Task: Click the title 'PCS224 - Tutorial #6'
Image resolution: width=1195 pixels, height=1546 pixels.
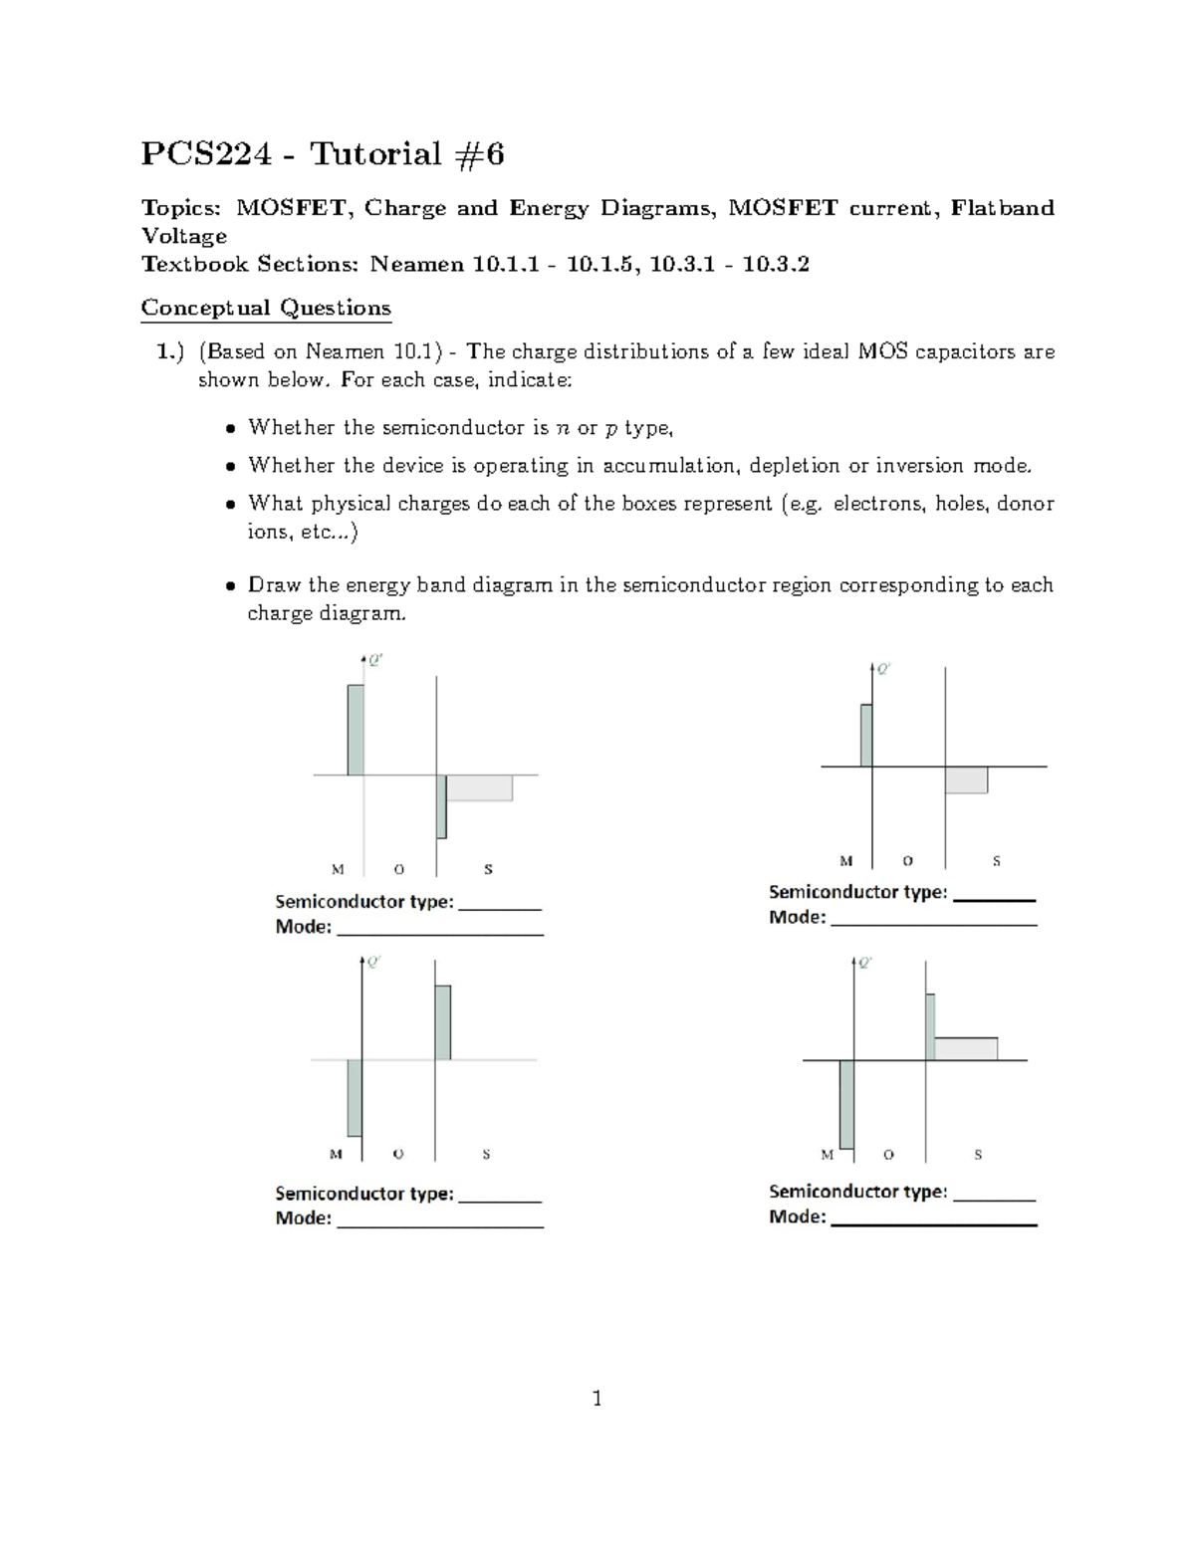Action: pos(323,154)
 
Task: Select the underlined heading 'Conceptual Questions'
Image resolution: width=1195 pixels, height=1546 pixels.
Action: pos(266,308)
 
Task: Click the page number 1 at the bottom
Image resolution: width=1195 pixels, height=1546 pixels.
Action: pos(597,1399)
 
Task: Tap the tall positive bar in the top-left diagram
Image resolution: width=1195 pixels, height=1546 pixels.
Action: pos(356,729)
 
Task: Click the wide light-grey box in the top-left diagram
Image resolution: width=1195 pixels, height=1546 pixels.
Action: pos(479,787)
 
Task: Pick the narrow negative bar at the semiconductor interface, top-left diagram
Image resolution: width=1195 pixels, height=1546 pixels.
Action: pos(441,806)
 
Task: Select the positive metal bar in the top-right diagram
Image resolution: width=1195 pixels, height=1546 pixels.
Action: pos(866,736)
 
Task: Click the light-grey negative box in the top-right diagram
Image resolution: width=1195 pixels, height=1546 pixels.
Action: pos(966,779)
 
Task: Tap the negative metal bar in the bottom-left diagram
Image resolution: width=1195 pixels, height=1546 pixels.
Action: pos(354,1097)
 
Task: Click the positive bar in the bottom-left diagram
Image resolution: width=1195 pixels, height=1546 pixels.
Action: pos(442,1022)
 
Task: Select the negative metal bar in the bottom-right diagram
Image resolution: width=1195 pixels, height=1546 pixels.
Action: pos(846,1104)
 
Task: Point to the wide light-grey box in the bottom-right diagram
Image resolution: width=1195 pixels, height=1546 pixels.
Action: pos(965,1048)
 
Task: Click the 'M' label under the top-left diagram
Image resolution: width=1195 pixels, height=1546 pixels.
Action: pos(338,869)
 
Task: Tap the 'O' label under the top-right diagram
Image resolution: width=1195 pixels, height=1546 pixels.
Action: pos(907,861)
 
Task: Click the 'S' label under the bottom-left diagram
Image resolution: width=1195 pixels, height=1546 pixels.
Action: pos(486,1155)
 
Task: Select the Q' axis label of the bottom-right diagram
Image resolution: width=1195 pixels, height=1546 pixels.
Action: pos(865,963)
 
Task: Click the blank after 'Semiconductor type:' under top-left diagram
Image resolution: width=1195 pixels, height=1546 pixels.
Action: pos(500,903)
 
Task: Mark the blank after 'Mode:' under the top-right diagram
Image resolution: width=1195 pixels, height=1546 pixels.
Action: pos(933,918)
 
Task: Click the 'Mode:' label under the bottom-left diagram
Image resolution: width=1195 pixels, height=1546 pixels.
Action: pos(303,1218)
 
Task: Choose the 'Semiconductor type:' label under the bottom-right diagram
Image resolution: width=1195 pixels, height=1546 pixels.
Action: pos(857,1192)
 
